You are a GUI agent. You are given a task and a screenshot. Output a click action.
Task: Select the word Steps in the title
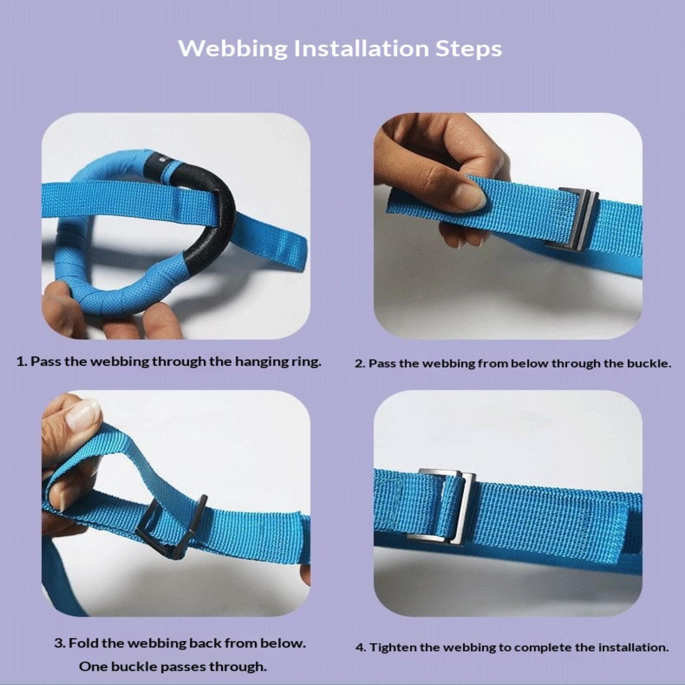coord(469,49)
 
